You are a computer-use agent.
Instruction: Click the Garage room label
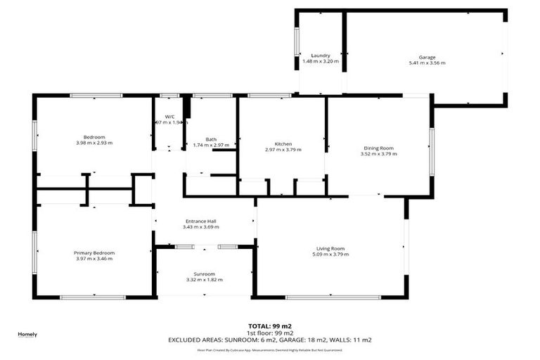[x=427, y=56]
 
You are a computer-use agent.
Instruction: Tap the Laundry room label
[x=321, y=55]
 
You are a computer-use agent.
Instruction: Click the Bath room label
[x=211, y=139]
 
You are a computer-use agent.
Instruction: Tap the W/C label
[x=170, y=116]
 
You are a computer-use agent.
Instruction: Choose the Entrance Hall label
[x=200, y=220]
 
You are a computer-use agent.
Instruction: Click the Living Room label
[x=330, y=248]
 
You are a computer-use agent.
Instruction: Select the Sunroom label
[x=204, y=274]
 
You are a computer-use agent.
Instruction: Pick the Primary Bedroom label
[x=94, y=252]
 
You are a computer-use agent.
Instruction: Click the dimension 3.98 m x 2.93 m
[x=94, y=143]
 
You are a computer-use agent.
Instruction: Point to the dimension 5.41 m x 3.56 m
[x=427, y=63]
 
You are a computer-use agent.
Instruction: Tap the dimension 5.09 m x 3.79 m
[x=330, y=255]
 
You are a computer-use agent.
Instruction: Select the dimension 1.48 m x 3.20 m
[x=321, y=61]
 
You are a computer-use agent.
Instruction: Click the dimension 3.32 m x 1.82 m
[x=204, y=280]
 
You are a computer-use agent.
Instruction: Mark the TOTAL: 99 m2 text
[x=269, y=326]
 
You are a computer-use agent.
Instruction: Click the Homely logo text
[x=27, y=334]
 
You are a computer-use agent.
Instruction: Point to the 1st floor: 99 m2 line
[x=269, y=333]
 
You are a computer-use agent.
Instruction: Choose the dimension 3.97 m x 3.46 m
[x=94, y=259]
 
